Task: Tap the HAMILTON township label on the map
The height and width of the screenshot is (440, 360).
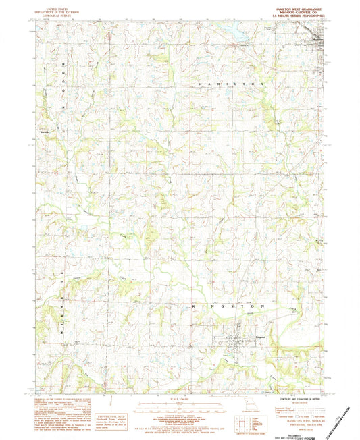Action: pos(230,82)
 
